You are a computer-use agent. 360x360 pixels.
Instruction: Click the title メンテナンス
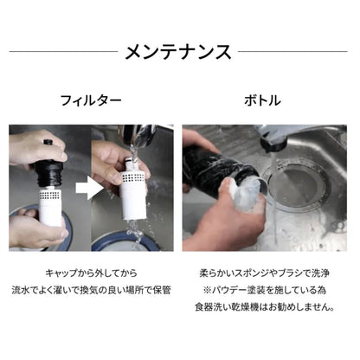pos(180,51)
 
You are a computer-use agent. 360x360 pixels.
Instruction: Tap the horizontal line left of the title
pos(61,51)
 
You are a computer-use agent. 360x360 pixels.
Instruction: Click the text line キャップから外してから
pos(91,272)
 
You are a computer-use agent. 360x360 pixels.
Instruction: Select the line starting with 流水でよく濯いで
pos(91,290)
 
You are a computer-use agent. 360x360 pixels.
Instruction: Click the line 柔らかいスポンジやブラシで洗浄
pos(265,272)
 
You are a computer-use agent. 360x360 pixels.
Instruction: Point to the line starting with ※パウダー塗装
pos(265,290)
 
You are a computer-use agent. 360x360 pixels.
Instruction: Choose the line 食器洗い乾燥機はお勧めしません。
pos(265,309)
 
